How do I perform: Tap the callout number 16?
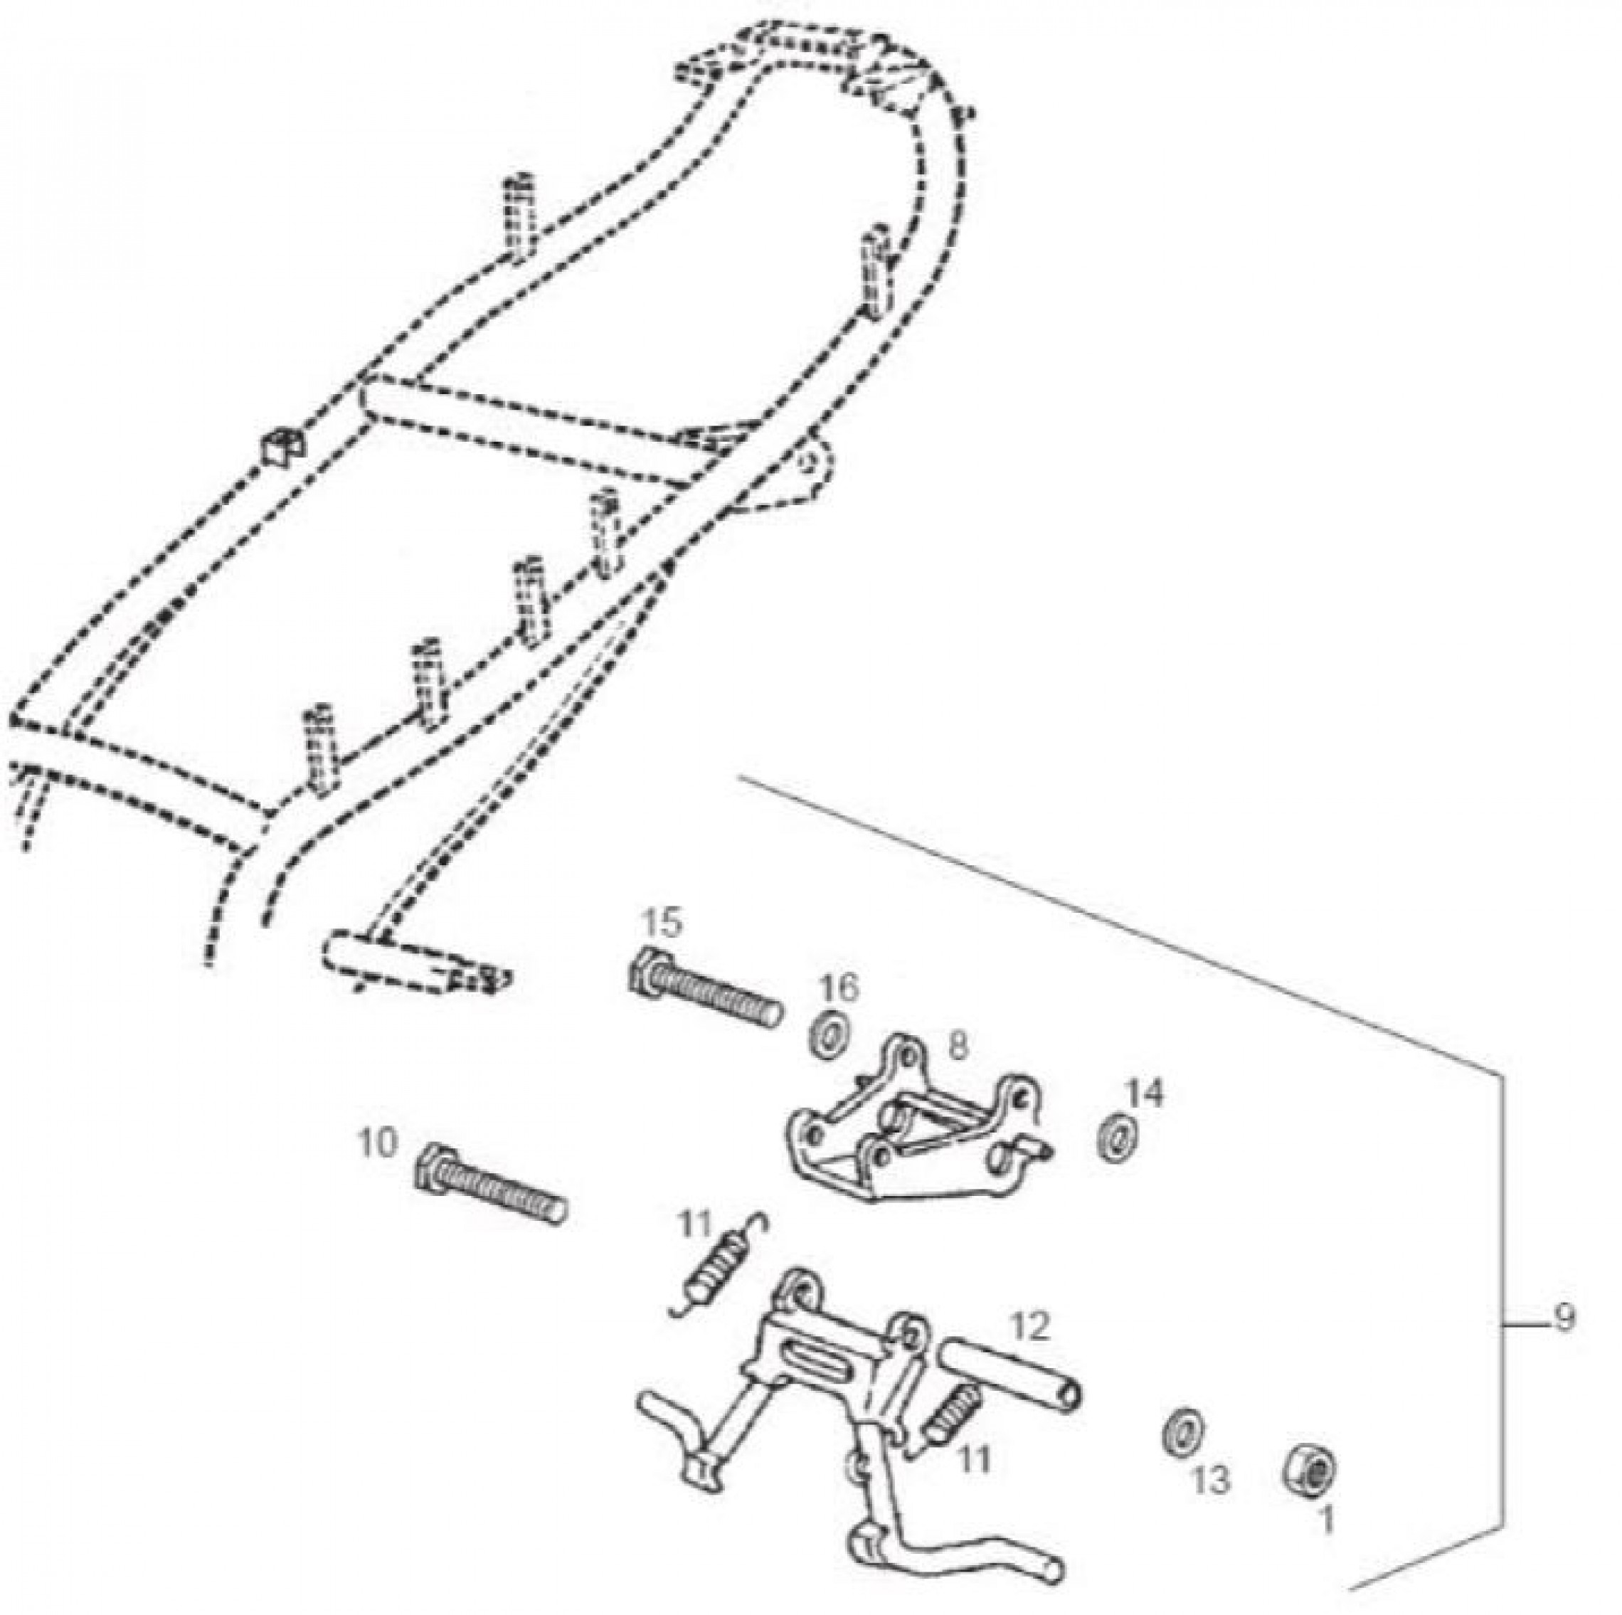coord(840,989)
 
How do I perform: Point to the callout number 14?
coord(1146,1094)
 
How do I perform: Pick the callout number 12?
coord(1030,1326)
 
